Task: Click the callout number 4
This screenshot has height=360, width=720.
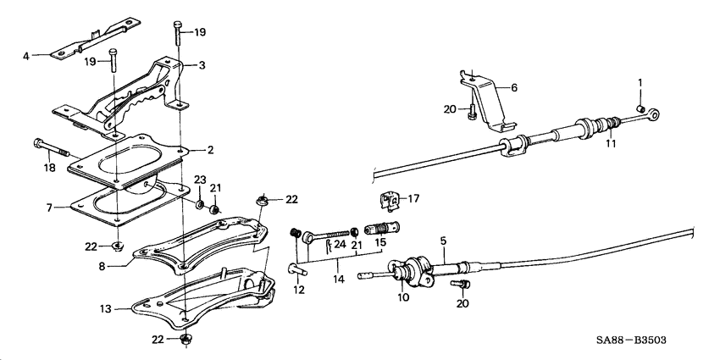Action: click(25, 57)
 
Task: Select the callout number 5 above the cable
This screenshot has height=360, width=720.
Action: click(442, 241)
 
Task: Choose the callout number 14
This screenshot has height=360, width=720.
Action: click(338, 276)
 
